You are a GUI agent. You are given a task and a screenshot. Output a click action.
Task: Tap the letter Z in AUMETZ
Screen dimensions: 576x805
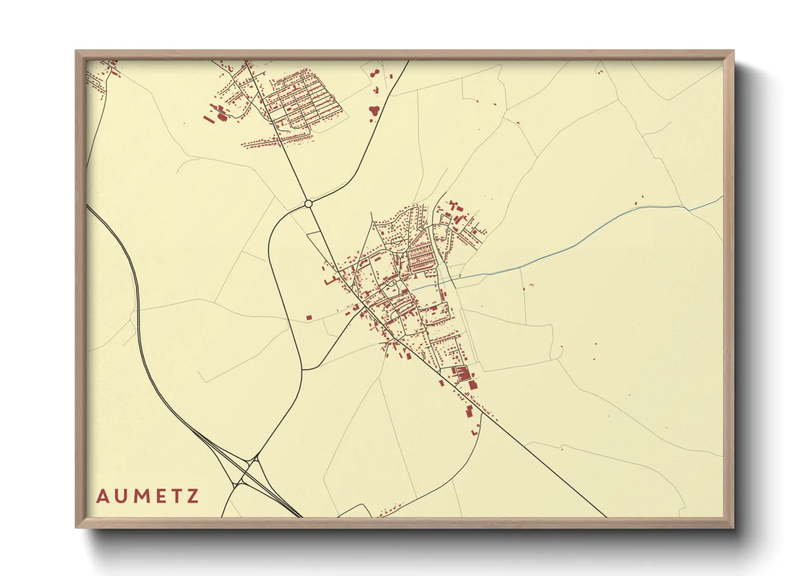point(193,497)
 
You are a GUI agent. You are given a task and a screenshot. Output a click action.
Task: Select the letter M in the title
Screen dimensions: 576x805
point(140,497)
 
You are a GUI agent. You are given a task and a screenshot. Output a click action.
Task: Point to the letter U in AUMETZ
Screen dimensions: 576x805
point(121,497)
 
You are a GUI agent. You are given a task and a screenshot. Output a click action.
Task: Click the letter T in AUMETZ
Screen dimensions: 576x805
point(176,497)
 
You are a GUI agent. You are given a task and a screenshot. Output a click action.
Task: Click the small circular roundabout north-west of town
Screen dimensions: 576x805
point(308,204)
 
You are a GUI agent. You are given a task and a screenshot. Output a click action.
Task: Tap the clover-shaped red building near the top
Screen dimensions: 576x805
point(374,111)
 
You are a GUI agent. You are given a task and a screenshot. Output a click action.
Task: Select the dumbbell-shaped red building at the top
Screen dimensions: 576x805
point(373,73)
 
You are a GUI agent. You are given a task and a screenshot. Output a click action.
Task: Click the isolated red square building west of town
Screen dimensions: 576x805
point(309,317)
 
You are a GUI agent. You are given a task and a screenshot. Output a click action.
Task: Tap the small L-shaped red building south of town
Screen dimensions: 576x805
point(474,432)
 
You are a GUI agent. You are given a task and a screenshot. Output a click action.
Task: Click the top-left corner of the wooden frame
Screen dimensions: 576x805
point(77,52)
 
